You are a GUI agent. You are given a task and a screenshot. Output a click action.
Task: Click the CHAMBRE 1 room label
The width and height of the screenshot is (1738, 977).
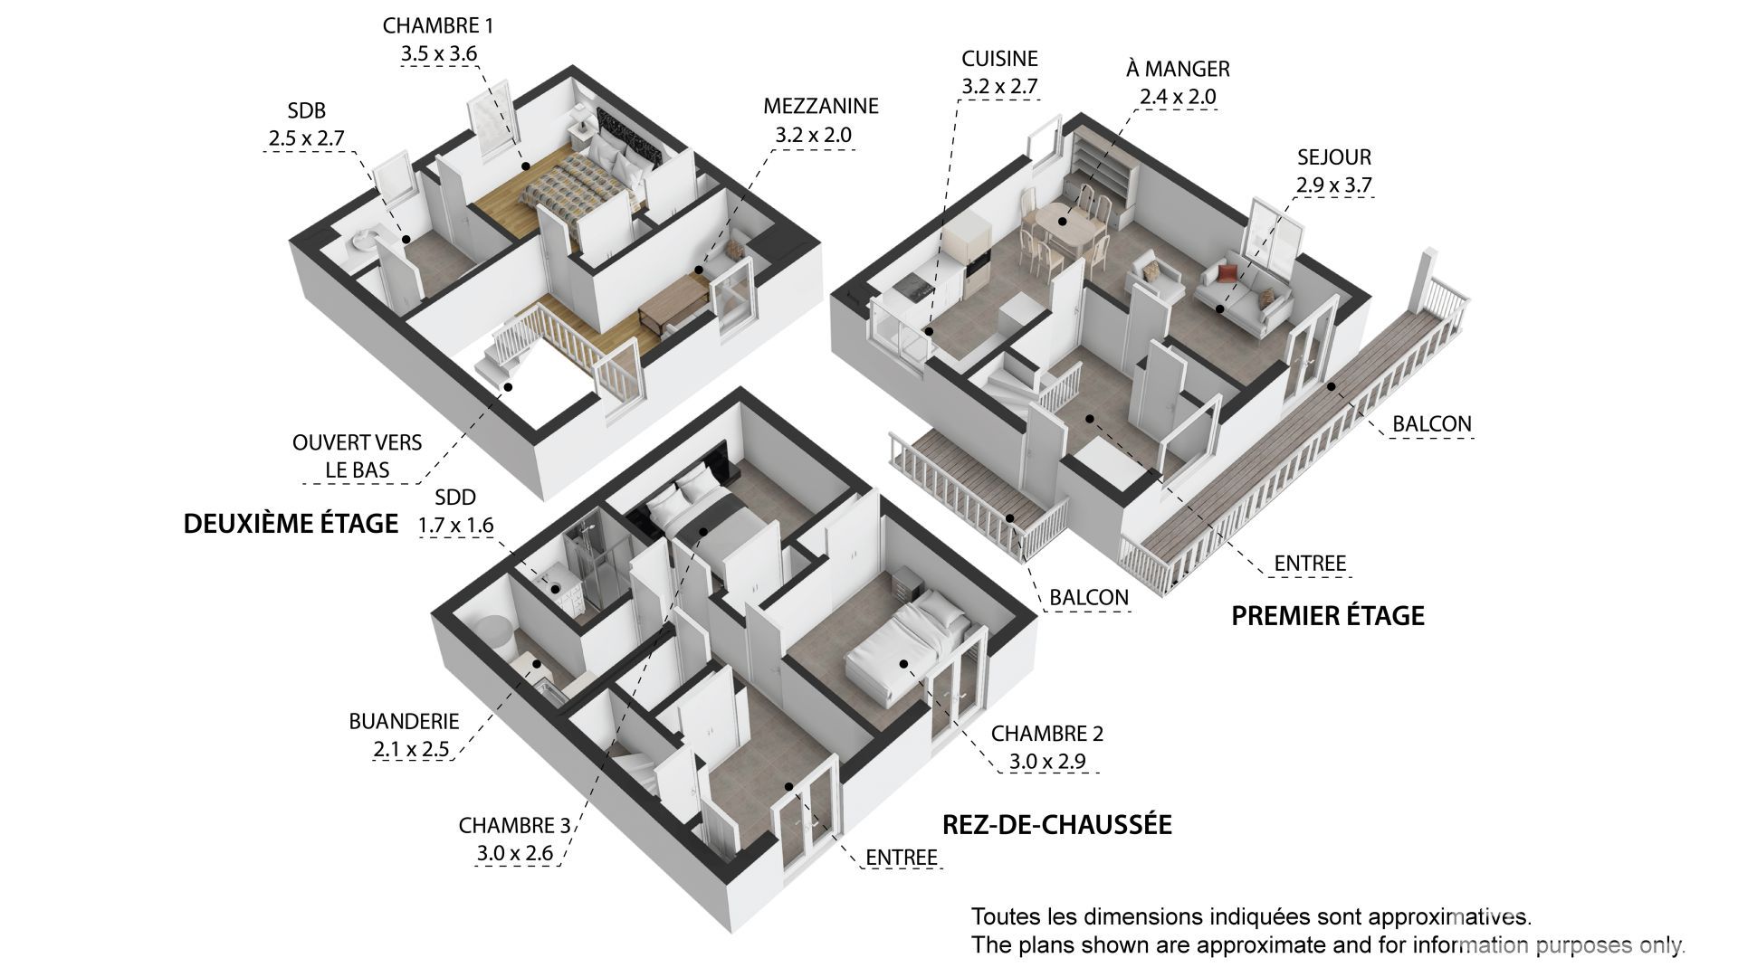(x=438, y=25)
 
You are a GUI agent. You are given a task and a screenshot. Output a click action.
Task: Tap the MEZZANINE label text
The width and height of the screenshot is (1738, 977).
(x=820, y=106)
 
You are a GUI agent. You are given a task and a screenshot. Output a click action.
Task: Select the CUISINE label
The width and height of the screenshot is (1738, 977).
(x=999, y=59)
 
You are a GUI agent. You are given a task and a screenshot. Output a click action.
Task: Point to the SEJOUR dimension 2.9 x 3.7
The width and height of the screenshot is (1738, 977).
(x=1333, y=185)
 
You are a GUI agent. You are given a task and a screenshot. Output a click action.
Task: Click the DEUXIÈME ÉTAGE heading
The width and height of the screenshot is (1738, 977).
(x=291, y=524)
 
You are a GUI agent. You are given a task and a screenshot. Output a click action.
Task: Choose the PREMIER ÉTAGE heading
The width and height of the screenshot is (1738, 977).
(x=1328, y=616)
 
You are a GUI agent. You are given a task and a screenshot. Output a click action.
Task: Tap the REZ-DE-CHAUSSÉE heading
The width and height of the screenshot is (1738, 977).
(x=1057, y=824)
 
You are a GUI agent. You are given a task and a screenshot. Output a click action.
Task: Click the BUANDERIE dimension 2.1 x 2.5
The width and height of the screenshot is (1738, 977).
(x=411, y=750)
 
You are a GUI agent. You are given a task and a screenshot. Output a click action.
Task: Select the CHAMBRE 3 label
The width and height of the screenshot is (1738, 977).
(x=514, y=825)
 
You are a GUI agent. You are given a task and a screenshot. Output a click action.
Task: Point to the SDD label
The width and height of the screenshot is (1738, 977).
(x=455, y=498)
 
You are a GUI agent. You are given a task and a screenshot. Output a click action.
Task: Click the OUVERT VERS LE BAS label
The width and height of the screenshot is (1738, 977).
(x=357, y=457)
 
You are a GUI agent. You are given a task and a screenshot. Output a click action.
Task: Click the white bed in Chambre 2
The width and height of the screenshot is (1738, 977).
(x=905, y=647)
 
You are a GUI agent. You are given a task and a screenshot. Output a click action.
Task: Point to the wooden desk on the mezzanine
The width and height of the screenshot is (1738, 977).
(x=673, y=303)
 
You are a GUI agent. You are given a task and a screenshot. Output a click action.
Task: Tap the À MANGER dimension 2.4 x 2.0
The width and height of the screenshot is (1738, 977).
(x=1178, y=97)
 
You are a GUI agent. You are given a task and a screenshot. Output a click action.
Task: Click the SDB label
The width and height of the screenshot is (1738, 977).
(x=306, y=110)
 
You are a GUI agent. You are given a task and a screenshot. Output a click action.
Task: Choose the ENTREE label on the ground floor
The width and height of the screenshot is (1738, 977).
(x=901, y=858)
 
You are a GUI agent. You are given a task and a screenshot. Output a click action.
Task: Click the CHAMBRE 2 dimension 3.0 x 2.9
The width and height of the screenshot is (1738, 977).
(x=1047, y=762)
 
